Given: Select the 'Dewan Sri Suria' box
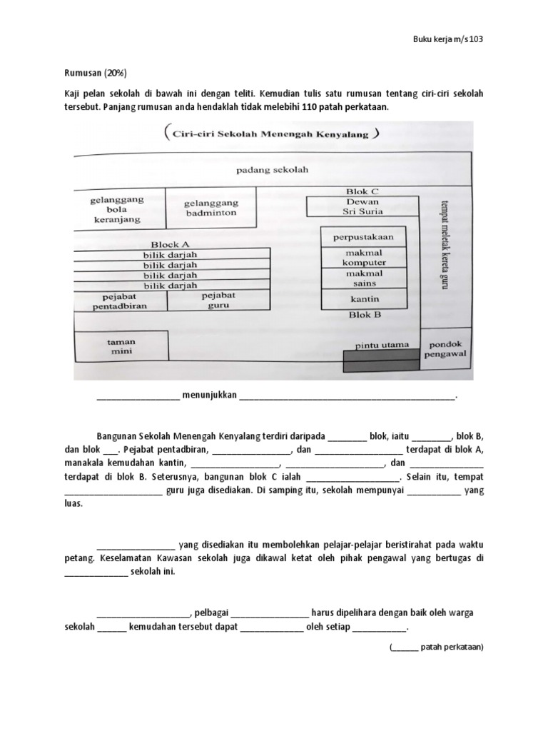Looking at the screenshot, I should pos(362,206).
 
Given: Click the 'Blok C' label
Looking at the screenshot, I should pos(362,191).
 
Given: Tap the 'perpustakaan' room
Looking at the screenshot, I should pos(364,236).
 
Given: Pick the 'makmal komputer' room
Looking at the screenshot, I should pos(364,257).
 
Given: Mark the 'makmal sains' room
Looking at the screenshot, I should pos(364,278).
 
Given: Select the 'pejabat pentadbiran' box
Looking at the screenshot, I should pos(119,301).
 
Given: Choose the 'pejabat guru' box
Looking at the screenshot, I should pos(218,300).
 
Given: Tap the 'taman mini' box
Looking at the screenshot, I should pos(121,347).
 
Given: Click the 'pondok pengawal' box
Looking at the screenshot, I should pos(445,348).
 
